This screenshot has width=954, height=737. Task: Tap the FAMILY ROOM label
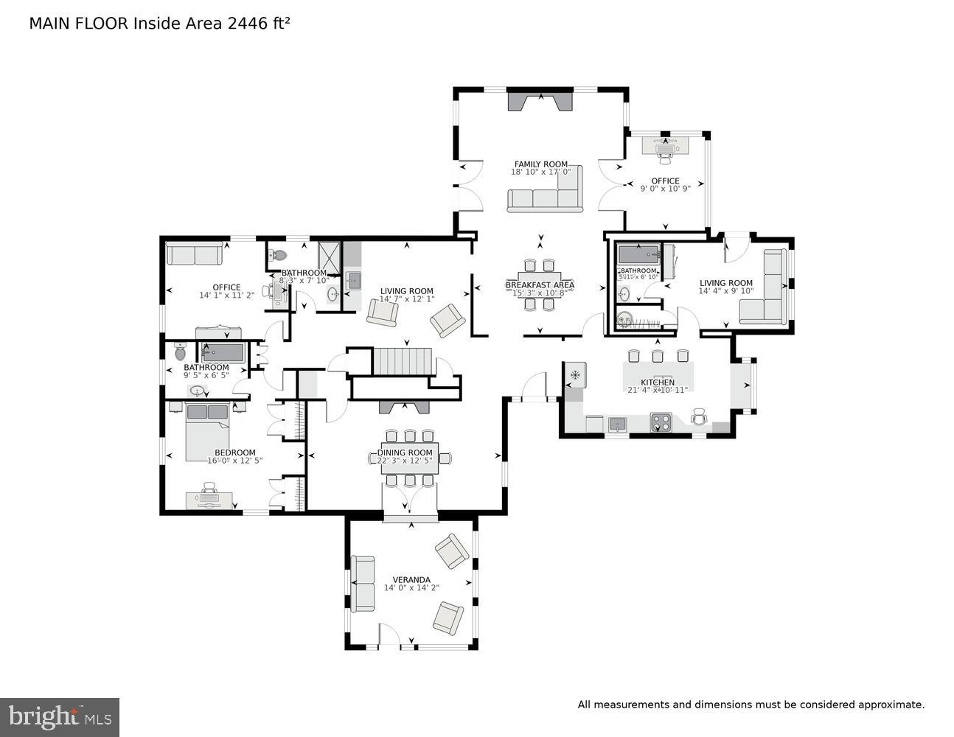click(x=540, y=164)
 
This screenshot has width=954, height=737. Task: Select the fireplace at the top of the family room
click(x=540, y=101)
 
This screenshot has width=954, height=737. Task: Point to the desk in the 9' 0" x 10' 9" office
click(x=666, y=145)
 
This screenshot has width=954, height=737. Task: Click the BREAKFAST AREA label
click(x=540, y=284)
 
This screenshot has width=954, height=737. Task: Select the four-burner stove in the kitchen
click(x=661, y=423)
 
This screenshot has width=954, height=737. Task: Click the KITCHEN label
click(x=657, y=383)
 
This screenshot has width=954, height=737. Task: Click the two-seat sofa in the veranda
click(x=362, y=583)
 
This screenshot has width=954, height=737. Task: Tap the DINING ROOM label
click(x=405, y=453)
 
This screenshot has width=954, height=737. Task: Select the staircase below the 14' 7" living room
click(x=400, y=361)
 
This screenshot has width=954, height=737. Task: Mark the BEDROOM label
click(x=234, y=453)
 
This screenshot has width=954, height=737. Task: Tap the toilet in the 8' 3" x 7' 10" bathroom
click(x=278, y=256)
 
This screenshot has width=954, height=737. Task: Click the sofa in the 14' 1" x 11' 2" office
click(x=194, y=254)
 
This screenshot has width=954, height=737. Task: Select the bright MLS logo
click(x=60, y=717)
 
